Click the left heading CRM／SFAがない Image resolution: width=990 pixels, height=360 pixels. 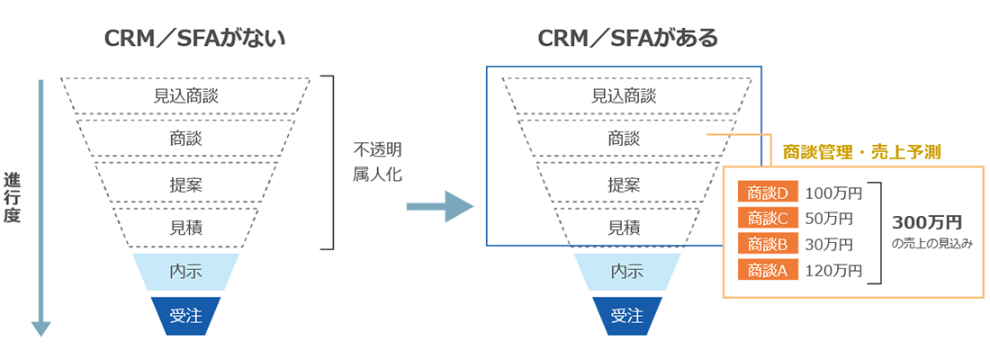click(186, 39)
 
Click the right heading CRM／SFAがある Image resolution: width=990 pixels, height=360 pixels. click(627, 39)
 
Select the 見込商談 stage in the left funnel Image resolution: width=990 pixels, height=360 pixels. click(186, 94)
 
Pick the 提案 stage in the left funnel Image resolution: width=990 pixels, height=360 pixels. click(186, 184)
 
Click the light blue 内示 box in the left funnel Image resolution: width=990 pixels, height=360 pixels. click(186, 270)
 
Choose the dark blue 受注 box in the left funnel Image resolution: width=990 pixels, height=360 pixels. click(186, 315)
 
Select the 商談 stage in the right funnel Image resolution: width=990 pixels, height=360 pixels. click(627, 139)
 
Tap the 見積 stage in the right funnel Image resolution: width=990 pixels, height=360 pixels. click(627, 227)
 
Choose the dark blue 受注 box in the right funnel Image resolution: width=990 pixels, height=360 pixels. click(627, 315)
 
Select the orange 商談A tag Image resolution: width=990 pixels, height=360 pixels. click(762, 269)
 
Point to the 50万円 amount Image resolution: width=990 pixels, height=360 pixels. click(829, 218)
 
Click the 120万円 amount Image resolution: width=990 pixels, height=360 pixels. click(833, 269)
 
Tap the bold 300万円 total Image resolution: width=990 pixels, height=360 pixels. click(927, 221)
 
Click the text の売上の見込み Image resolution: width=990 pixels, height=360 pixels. click(931, 243)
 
